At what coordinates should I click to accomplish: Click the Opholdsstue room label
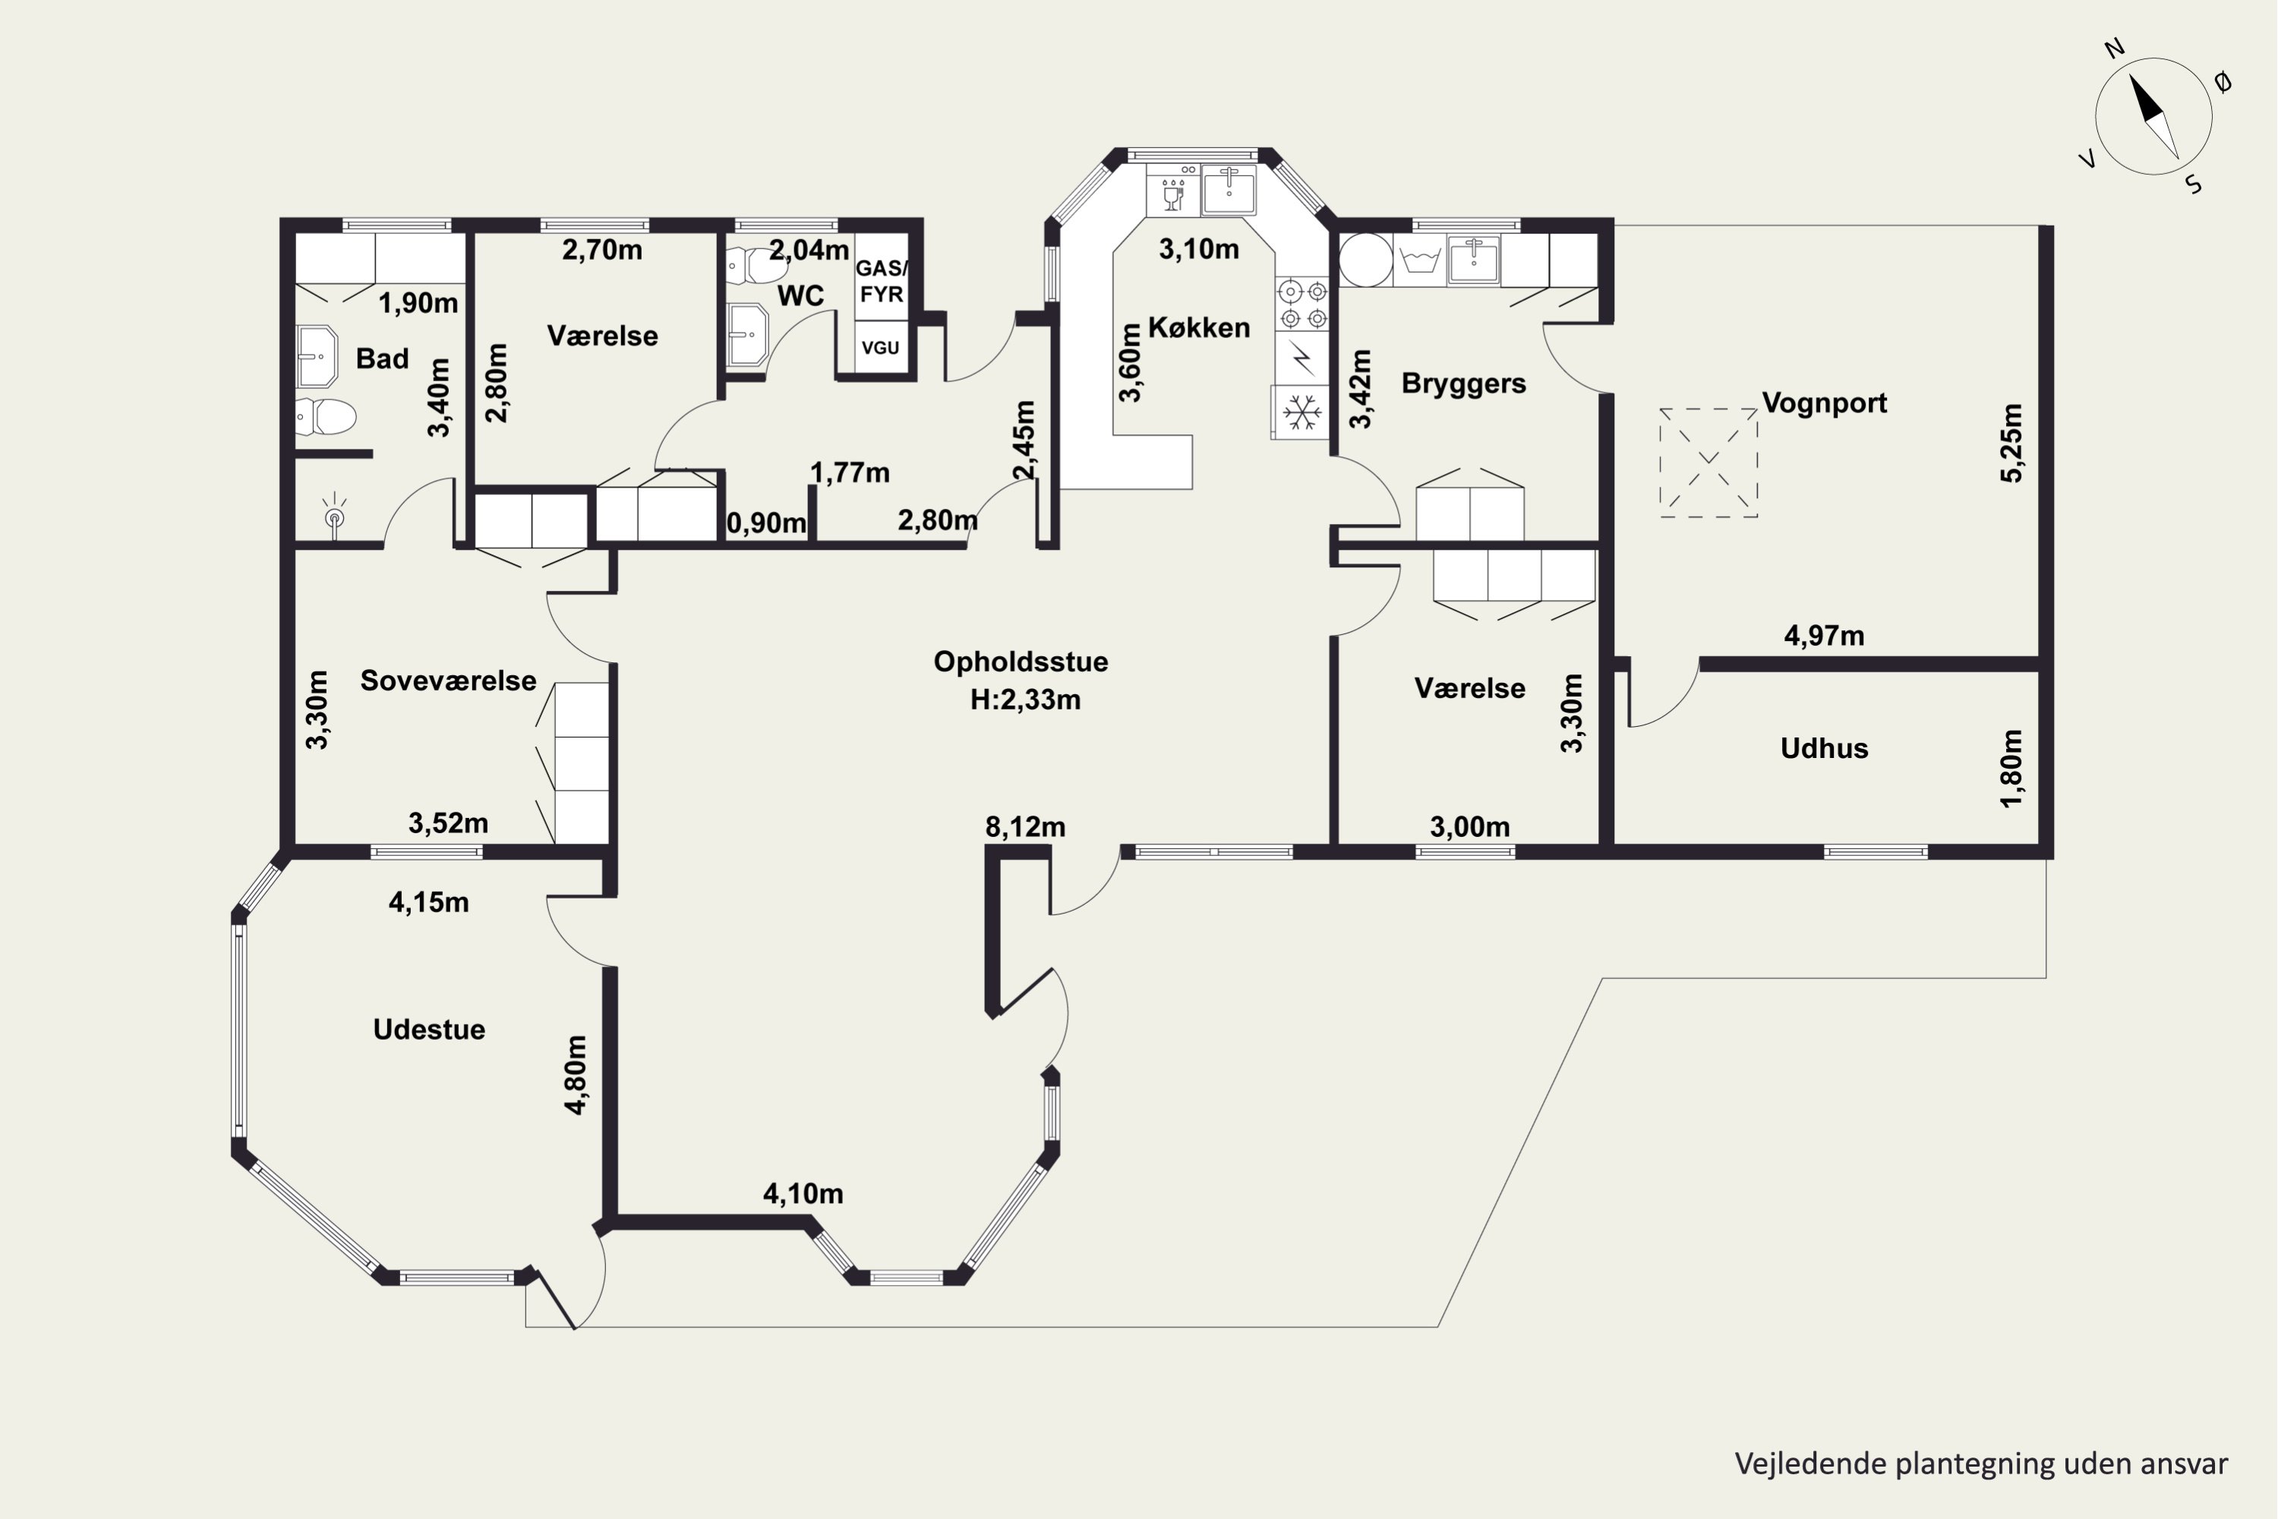1021,662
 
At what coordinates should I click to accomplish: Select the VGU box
880,347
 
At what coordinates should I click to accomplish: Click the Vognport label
1824,403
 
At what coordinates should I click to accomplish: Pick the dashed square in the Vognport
1708,463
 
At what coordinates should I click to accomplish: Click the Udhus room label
1824,748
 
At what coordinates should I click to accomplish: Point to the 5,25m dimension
2011,443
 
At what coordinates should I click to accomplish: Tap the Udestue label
429,1029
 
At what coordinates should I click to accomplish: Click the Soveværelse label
449,681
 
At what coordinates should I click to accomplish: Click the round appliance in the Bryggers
1365,260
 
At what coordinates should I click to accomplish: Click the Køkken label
1199,327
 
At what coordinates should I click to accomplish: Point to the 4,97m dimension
1824,636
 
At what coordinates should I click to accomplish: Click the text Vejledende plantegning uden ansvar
1980,1463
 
